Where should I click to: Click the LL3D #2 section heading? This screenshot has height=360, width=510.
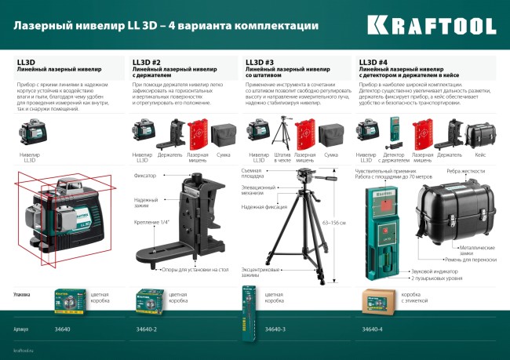(x=147, y=62)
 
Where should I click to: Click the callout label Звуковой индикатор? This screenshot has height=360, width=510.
(x=432, y=271)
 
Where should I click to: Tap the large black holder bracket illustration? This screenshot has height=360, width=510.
(x=191, y=224)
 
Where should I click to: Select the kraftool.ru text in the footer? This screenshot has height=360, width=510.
(x=25, y=350)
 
